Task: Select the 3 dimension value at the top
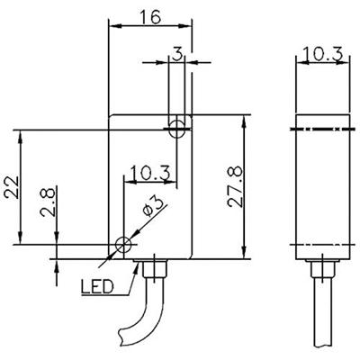coord(177,55)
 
